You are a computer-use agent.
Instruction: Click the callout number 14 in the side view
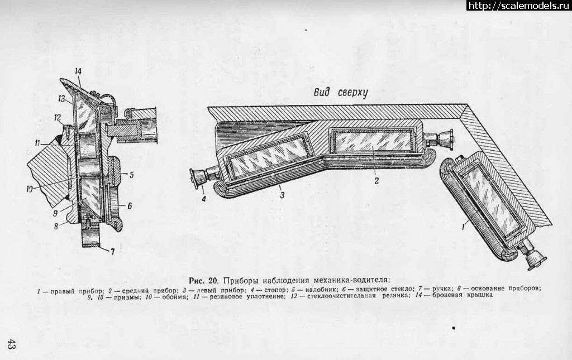click(78, 71)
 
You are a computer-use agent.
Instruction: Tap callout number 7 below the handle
click(112, 251)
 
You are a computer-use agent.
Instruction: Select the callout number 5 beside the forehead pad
click(131, 175)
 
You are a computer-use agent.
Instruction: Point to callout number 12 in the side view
click(58, 118)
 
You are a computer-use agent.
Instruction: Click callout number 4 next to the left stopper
click(204, 199)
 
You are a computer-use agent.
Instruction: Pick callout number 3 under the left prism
click(282, 195)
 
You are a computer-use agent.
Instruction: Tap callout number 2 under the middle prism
click(376, 180)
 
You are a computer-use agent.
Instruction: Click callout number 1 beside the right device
click(463, 227)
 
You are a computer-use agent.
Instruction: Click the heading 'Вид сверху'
click(341, 93)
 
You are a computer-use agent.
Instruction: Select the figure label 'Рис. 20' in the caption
click(203, 280)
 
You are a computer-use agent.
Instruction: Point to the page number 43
click(11, 344)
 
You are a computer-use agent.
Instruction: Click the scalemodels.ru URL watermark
click(519, 5)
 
